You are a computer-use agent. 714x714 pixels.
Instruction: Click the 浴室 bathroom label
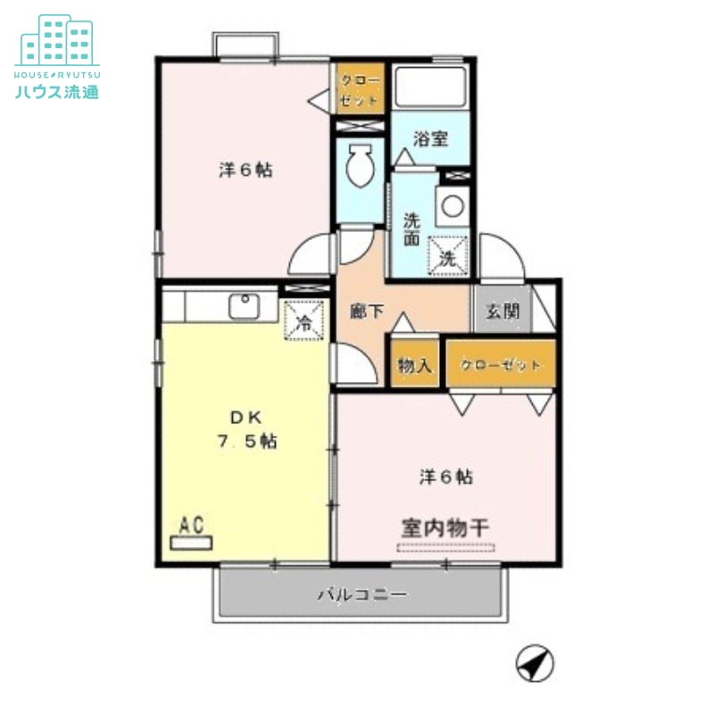click(x=430, y=139)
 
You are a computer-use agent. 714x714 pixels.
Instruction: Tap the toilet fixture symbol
click(x=360, y=166)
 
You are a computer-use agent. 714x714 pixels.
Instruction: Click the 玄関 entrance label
click(x=502, y=311)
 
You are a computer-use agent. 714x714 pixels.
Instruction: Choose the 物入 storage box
click(x=415, y=364)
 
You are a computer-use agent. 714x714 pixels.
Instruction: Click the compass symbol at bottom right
click(x=535, y=664)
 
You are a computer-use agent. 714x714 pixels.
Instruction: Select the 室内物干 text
click(x=444, y=527)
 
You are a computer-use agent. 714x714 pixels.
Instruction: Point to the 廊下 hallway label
click(x=366, y=311)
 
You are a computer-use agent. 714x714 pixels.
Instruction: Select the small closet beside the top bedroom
click(x=361, y=87)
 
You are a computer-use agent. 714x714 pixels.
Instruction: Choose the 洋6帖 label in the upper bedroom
click(x=245, y=170)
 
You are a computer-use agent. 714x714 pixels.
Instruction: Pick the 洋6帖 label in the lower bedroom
click(x=446, y=477)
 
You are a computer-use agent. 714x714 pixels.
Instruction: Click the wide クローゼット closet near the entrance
click(x=501, y=365)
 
